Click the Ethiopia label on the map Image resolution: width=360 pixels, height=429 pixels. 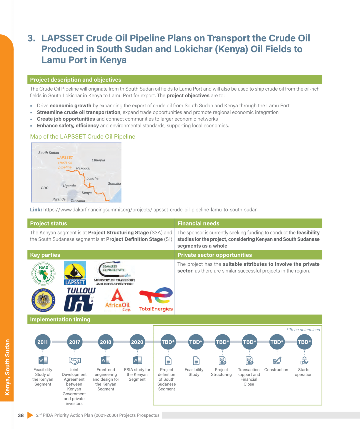click(x=98, y=160)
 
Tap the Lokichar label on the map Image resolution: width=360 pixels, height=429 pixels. click(x=93, y=178)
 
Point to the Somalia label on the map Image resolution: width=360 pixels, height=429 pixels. click(x=114, y=184)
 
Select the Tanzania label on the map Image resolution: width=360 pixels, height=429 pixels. click(x=78, y=201)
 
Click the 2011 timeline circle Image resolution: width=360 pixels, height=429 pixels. click(x=43, y=342)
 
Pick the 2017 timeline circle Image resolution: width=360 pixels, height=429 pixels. click(x=74, y=342)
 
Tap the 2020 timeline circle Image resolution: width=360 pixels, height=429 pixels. click(x=137, y=342)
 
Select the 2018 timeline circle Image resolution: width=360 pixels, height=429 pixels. click(x=106, y=342)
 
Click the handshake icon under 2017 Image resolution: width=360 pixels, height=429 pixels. click(x=74, y=361)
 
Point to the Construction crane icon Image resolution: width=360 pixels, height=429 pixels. click(x=277, y=361)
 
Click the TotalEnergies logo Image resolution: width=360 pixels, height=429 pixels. click(x=156, y=299)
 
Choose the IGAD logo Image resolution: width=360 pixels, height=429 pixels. click(x=43, y=273)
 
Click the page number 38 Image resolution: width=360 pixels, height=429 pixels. click(x=21, y=415)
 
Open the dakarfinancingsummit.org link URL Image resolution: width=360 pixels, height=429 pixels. click(x=150, y=210)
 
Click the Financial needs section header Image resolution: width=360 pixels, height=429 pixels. click(x=198, y=223)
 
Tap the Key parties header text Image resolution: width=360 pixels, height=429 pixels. click(x=45, y=255)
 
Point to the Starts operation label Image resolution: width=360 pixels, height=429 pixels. click(x=304, y=372)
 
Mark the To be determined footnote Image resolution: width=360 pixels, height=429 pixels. click(x=303, y=330)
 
